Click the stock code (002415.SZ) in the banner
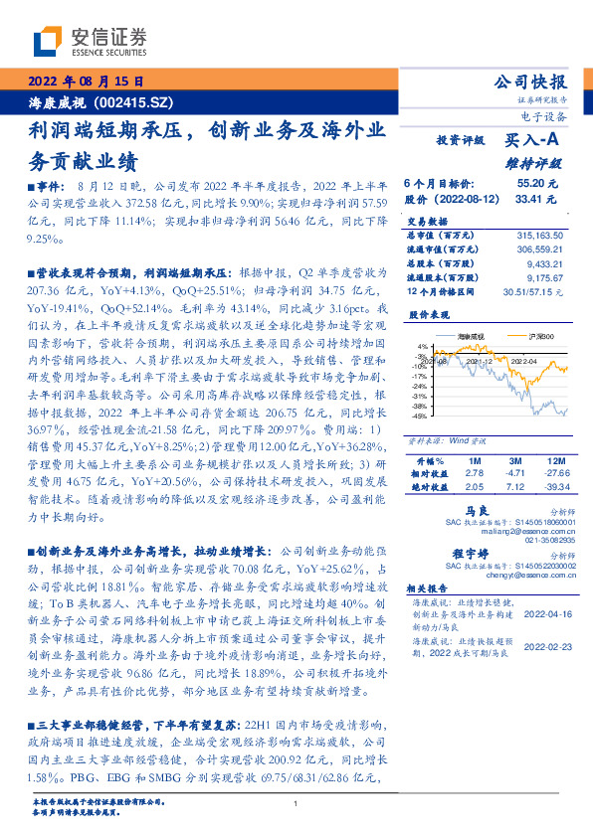click(x=128, y=101)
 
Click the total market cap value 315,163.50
click(x=538, y=234)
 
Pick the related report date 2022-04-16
click(x=545, y=616)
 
